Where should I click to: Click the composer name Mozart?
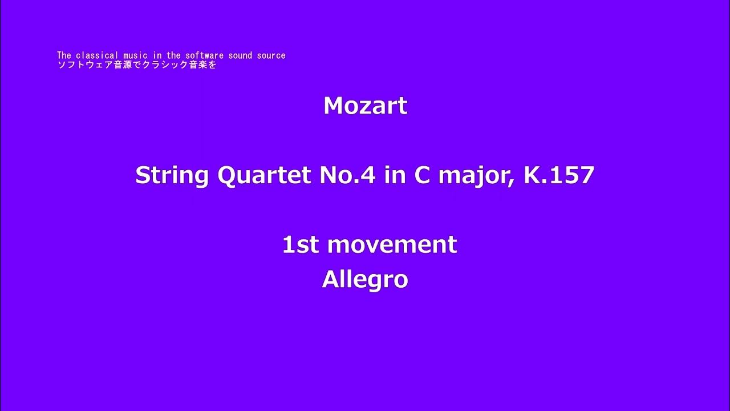365,106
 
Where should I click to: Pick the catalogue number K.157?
559,175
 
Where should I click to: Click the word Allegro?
365,280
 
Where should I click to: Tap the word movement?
392,245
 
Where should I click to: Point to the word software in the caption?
202,55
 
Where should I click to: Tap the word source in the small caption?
271,55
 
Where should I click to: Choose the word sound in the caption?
240,55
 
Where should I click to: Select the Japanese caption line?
137,65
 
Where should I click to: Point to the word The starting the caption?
64,55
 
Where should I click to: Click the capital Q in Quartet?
228,176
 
